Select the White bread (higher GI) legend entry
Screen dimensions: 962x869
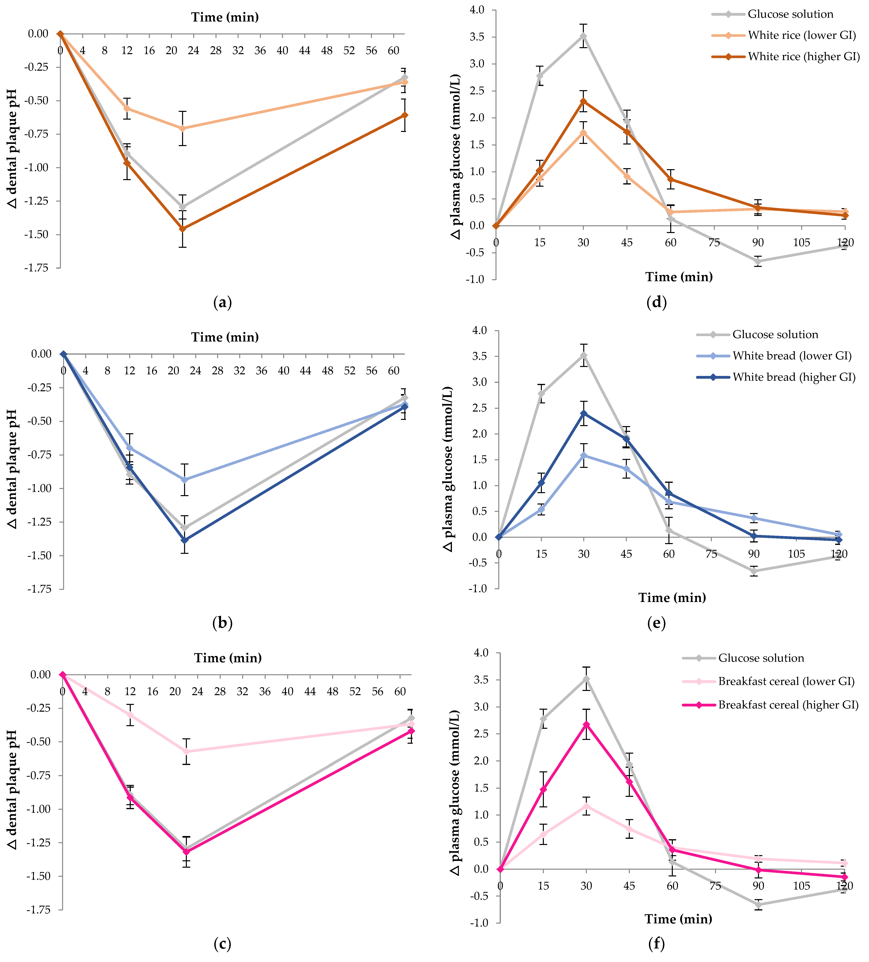point(794,377)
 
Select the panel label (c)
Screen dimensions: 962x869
point(222,943)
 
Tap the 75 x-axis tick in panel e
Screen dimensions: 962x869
point(712,554)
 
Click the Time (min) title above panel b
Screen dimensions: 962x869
point(225,337)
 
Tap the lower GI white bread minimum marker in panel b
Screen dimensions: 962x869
point(184,480)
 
